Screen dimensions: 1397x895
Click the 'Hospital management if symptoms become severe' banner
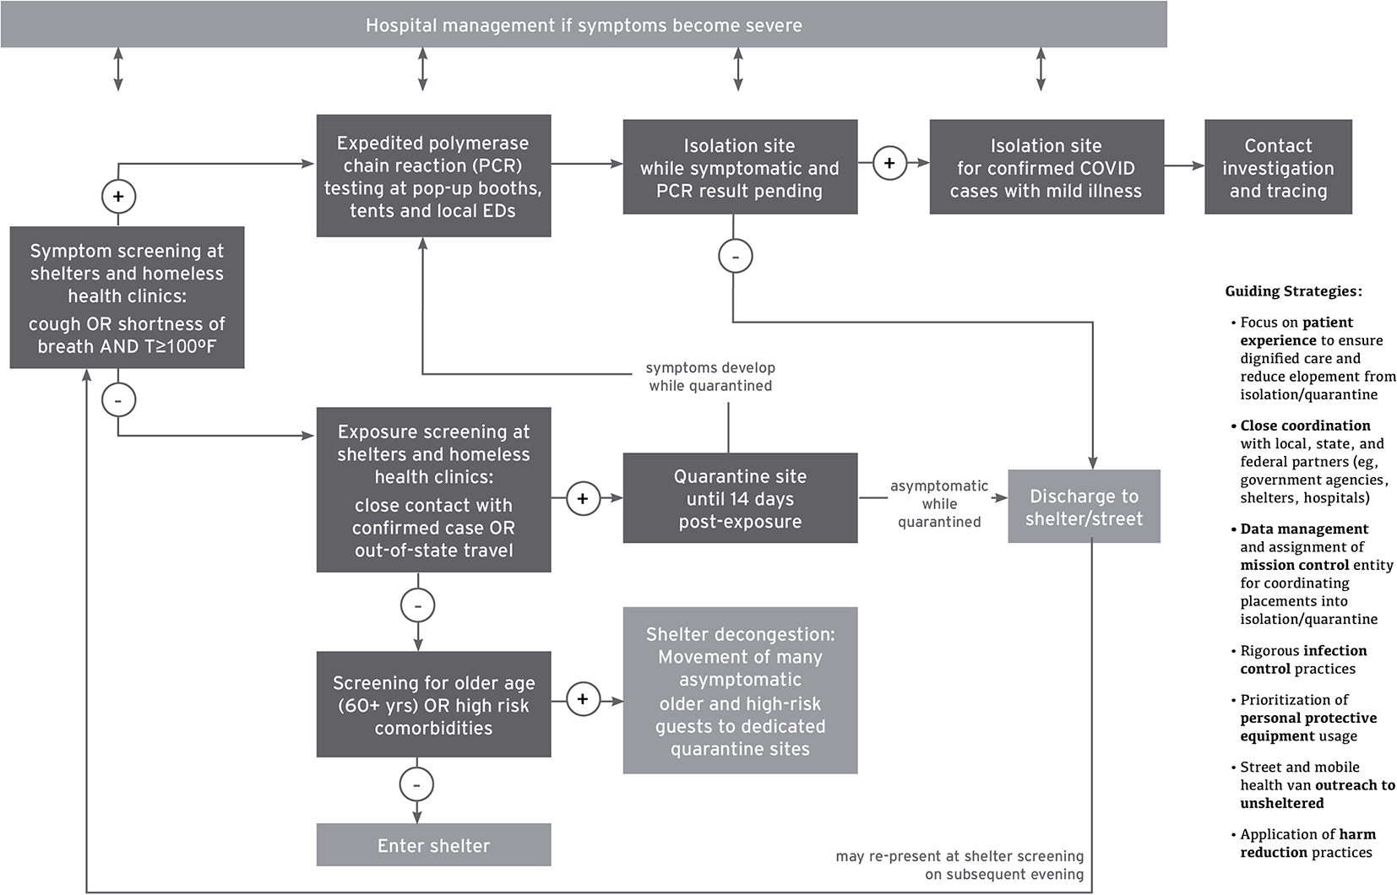pos(584,24)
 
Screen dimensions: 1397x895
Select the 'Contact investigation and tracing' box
pos(1278,167)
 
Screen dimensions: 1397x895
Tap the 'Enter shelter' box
pos(433,844)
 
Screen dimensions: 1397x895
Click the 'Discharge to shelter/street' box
pos(1084,506)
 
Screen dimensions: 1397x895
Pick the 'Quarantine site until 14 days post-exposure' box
pos(740,498)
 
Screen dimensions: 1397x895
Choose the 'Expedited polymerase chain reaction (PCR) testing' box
pos(433,176)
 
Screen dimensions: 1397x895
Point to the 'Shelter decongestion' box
pos(740,691)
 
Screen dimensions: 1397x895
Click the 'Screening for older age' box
pos(433,704)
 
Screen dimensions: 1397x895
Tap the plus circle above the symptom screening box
pos(118,197)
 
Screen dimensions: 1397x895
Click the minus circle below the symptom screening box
pos(118,399)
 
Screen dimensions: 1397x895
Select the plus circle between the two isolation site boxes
pos(889,163)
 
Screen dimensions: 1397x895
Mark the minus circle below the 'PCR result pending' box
pos(736,256)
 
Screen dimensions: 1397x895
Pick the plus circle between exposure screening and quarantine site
pos(583,499)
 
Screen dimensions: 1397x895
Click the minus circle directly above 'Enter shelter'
pos(416,784)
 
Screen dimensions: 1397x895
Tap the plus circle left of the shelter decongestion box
pos(583,698)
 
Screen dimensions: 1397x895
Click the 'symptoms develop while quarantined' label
pos(710,377)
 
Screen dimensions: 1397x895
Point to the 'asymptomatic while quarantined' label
pos(939,503)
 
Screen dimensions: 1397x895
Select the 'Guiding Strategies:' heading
pos(1293,291)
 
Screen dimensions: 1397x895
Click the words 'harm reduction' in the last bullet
pos(1307,843)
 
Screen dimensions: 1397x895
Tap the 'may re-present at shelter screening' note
pos(959,856)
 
